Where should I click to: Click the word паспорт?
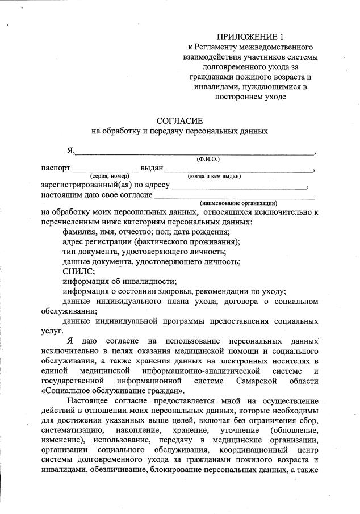click(56, 168)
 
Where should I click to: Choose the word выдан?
click(152, 168)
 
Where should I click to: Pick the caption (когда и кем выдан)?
click(215, 177)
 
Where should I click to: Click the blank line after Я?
click(195, 153)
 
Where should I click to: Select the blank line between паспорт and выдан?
click(106, 170)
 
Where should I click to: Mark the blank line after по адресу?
click(238, 187)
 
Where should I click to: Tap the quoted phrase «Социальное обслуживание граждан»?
click(113, 390)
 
